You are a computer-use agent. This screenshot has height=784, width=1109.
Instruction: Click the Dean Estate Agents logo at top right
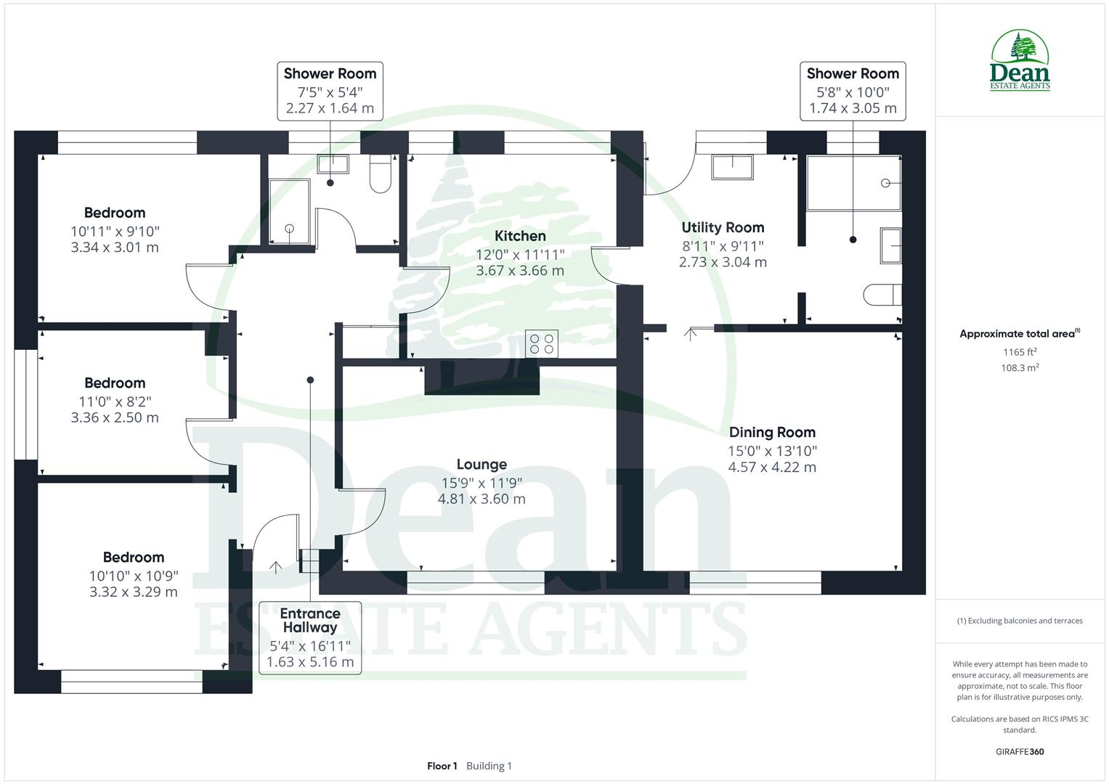[1020, 61]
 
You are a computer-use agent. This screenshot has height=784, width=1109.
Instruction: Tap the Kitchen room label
[520, 236]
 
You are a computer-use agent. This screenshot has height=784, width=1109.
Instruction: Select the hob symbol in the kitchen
[542, 343]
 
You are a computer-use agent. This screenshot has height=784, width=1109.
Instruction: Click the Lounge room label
[482, 465]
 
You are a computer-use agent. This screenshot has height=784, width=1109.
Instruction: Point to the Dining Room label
[772, 433]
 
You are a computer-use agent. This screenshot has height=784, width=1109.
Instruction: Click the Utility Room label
[723, 228]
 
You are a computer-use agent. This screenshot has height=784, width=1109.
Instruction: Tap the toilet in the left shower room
[381, 174]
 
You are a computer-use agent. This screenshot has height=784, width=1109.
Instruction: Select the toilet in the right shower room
[883, 295]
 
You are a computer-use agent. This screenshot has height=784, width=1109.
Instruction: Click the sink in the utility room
[732, 167]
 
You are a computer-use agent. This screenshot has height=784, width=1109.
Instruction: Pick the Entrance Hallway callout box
[310, 637]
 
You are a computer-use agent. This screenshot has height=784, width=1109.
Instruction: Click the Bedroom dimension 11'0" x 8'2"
[115, 401]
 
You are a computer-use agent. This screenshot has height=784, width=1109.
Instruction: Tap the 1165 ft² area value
[1020, 352]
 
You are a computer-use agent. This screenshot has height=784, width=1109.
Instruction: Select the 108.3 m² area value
[1020, 368]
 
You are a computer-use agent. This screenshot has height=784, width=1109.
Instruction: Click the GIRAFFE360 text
[1020, 752]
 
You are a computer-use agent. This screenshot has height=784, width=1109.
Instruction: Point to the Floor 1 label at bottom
[442, 766]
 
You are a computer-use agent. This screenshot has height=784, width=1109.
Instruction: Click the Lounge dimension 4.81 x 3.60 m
[482, 499]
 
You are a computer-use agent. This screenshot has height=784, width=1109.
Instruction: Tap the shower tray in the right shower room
[854, 183]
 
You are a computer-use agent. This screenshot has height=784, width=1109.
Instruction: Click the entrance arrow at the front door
[276, 566]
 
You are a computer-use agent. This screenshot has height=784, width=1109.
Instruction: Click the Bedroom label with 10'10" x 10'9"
[134, 558]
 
